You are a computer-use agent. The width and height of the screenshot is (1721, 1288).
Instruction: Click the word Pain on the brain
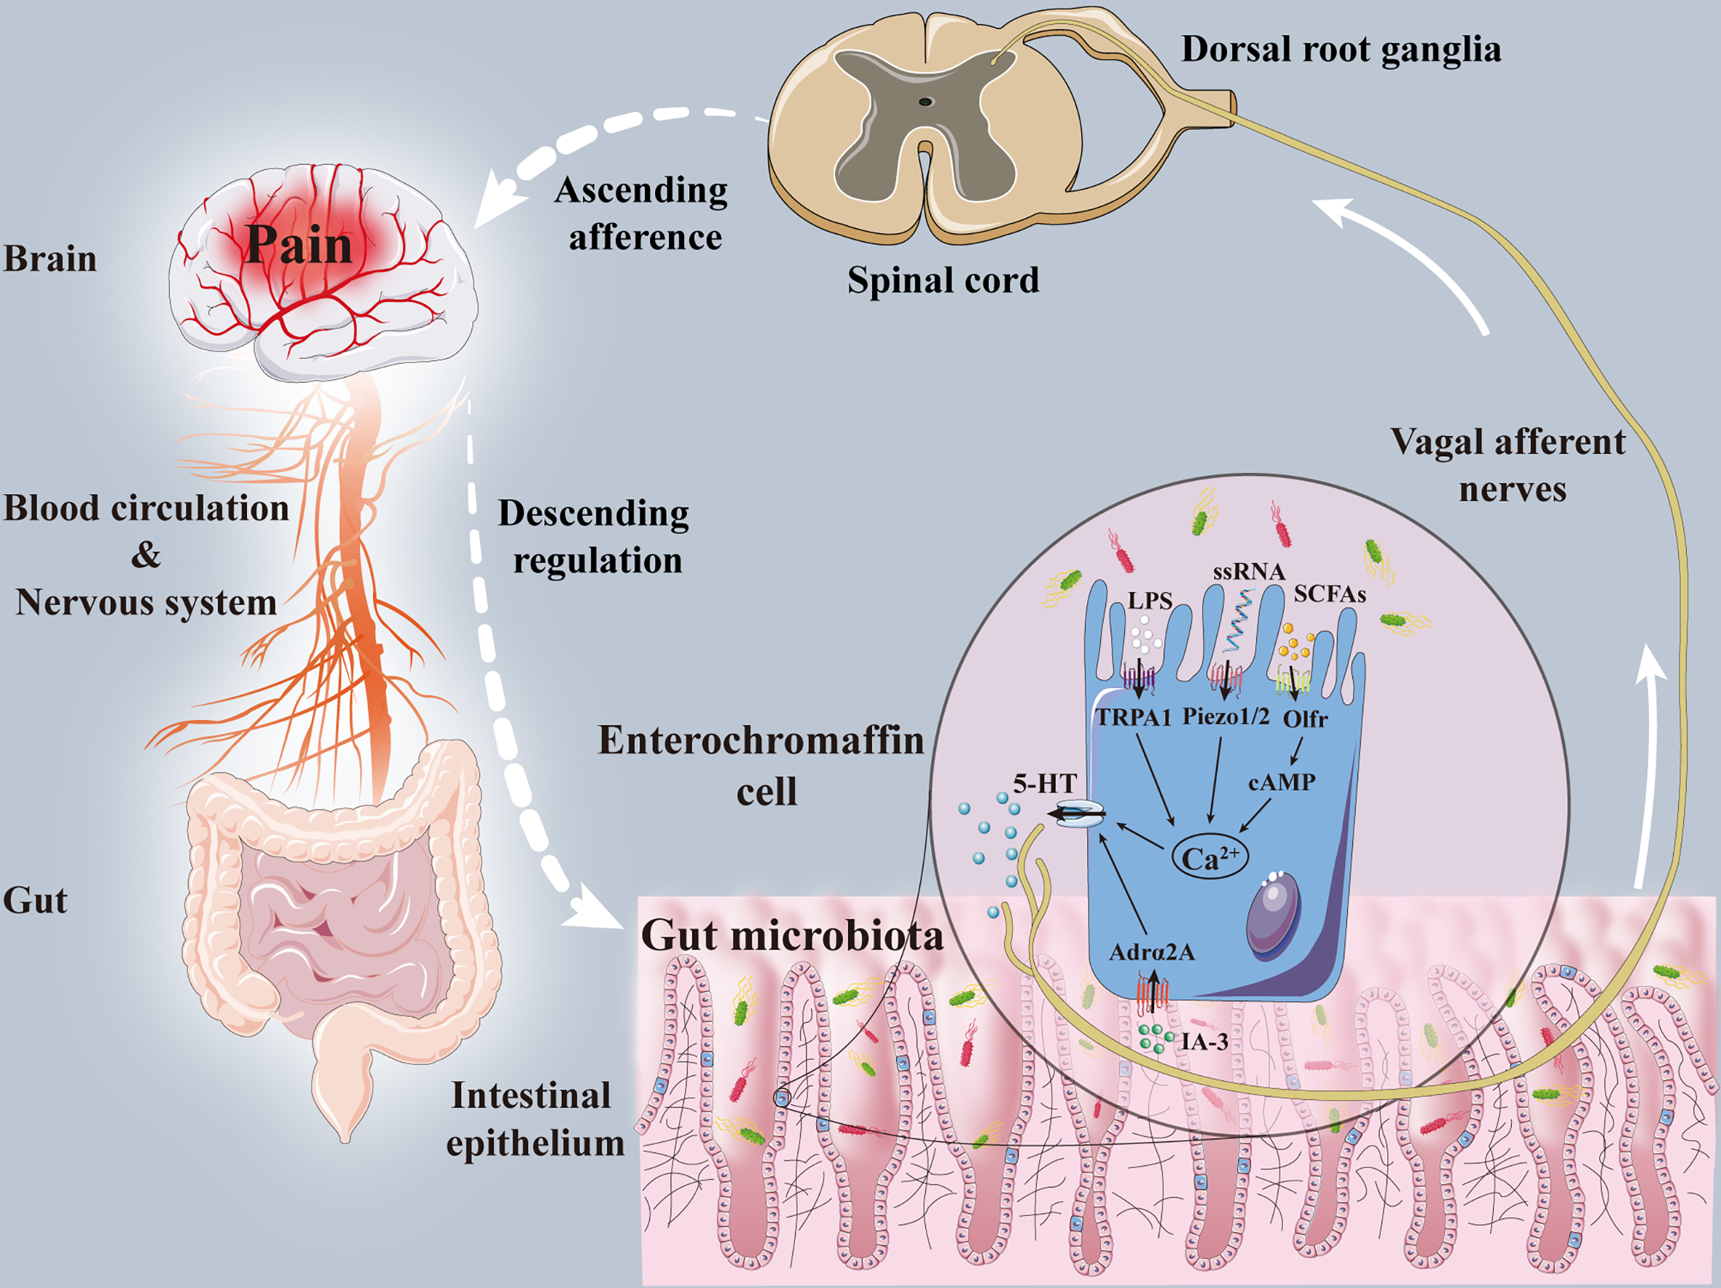pos(299,245)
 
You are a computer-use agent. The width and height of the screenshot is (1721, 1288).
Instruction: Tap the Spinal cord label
pos(943,280)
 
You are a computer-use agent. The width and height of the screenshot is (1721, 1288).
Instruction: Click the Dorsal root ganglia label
pos(1341,49)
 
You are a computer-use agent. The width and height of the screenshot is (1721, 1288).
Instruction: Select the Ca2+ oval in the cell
pos(1210,858)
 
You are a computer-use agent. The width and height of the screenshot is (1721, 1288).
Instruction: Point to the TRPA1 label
pos(1134,717)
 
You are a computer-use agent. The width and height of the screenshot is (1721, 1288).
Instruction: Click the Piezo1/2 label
pos(1226,716)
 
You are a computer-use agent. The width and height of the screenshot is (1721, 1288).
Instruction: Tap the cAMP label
pos(1282,781)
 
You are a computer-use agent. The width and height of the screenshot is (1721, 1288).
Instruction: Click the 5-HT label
pos(1044,783)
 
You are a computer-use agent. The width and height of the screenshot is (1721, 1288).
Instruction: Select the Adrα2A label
pos(1151,952)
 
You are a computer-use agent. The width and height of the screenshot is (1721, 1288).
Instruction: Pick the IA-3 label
pos(1204,1042)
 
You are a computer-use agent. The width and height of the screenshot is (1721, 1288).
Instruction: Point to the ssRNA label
pos(1249,572)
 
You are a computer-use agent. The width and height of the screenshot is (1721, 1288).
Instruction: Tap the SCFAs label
pos(1330,595)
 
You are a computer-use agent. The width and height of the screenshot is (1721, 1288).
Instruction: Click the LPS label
pos(1150,601)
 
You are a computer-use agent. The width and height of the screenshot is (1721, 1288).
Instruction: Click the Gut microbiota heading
pos(791,934)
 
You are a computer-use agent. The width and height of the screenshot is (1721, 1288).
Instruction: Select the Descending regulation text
pos(595,537)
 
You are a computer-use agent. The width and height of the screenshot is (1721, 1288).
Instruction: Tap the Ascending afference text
pos(642,214)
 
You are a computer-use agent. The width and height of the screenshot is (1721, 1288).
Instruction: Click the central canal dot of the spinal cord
pos(925,101)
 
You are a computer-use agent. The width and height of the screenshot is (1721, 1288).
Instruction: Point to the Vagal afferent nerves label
pos(1507,465)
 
